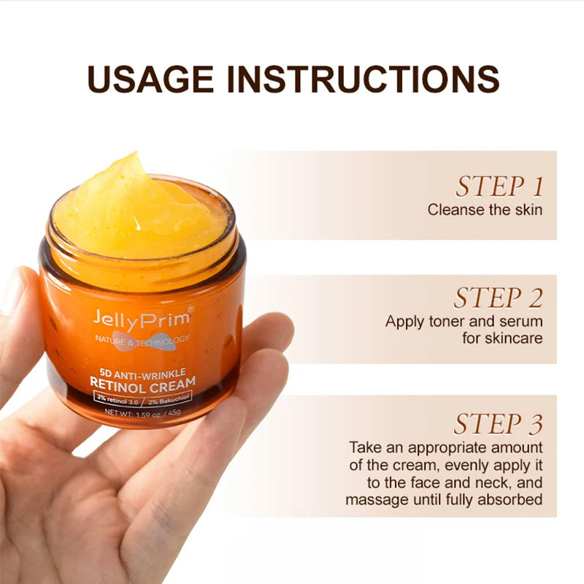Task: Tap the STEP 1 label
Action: pos(499,187)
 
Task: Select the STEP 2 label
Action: pos(499,298)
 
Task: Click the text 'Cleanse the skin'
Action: pos(485,210)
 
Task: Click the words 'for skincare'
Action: pos(502,339)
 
